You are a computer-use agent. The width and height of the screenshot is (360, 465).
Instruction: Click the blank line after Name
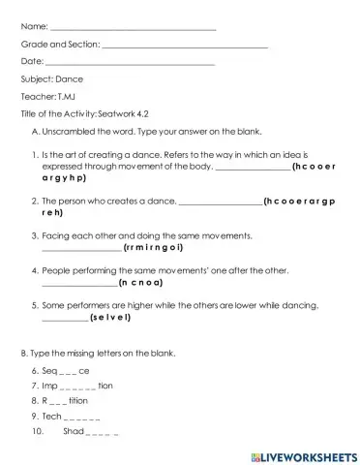click(x=134, y=28)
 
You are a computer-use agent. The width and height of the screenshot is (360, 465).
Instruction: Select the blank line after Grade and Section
click(x=184, y=46)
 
